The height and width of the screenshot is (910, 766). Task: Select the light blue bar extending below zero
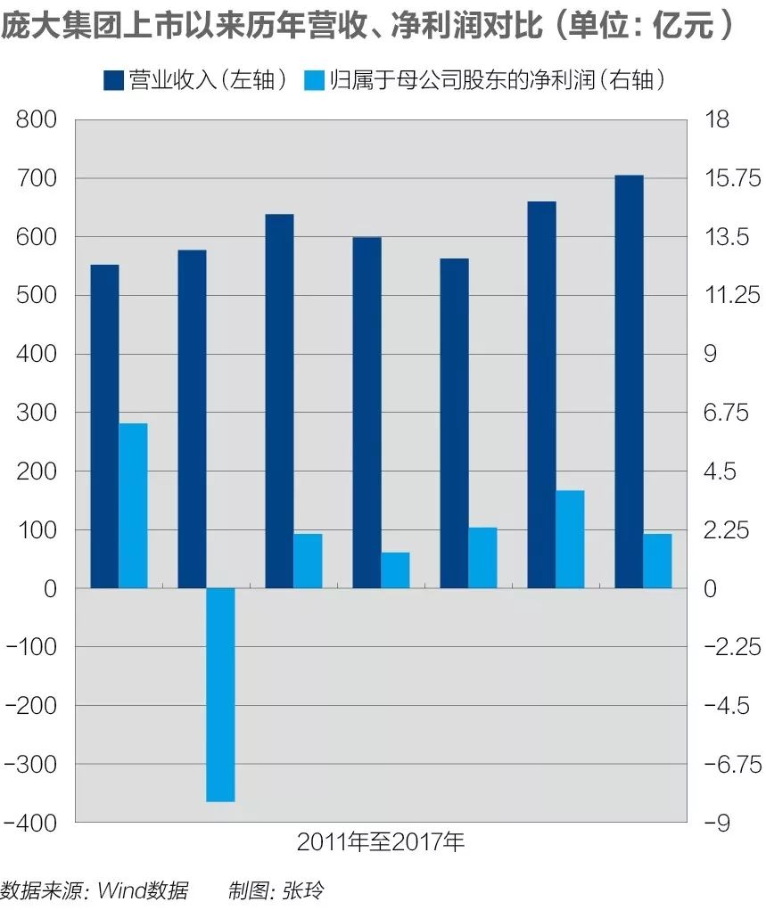pos(220,694)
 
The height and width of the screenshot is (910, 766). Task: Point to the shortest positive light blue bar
pos(395,570)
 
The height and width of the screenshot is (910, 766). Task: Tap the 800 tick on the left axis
pos(37,119)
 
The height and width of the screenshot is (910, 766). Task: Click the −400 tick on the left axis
pos(31,823)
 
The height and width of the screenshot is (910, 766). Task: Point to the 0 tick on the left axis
pos(48,588)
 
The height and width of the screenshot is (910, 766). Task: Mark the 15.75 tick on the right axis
pos(730,178)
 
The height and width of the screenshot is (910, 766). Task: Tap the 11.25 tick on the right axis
pos(730,296)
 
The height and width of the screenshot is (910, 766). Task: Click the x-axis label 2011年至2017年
pos(381,842)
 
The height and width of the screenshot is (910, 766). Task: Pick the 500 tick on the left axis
pos(37,296)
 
